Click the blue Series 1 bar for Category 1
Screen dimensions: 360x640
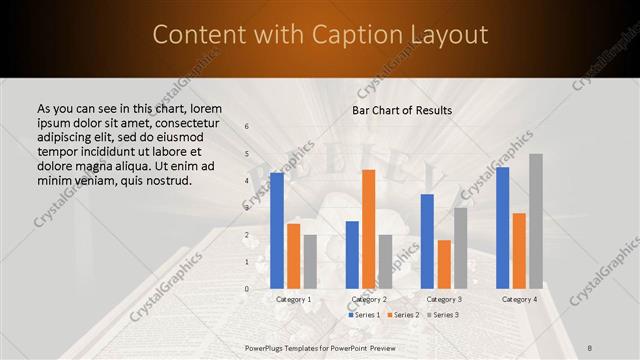click(277, 231)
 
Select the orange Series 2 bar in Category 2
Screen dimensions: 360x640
click(368, 229)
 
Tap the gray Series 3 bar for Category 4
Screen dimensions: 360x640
click(536, 221)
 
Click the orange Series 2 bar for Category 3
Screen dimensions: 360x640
click(443, 264)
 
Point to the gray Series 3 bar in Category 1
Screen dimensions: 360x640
click(310, 262)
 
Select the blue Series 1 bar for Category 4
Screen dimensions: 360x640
click(502, 228)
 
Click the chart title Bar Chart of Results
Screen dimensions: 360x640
click(402, 110)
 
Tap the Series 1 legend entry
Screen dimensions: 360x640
click(365, 315)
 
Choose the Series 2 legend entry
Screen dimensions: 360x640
click(403, 315)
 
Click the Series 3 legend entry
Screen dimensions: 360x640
click(441, 315)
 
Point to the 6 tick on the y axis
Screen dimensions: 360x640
click(247, 127)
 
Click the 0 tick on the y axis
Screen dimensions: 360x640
click(247, 289)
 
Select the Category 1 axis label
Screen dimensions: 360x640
click(293, 299)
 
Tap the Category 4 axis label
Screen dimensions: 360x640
click(519, 299)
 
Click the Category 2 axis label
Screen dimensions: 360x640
click(368, 299)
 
